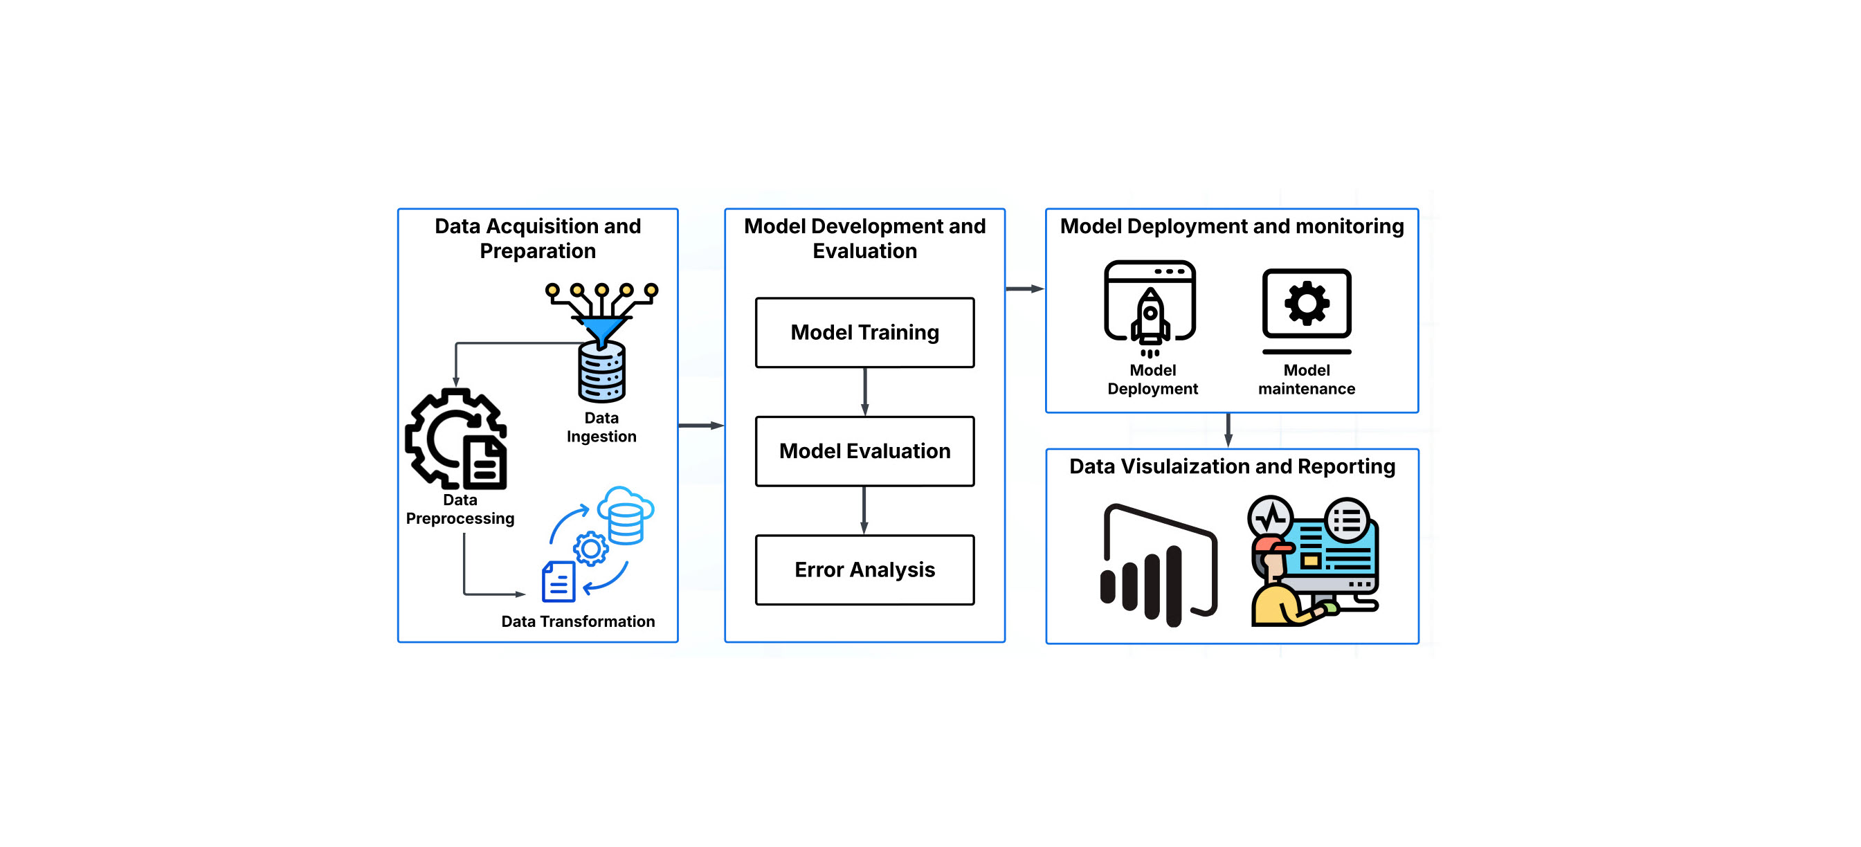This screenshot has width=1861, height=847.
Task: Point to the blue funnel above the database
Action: [601, 329]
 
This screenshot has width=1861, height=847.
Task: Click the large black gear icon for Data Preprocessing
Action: [455, 438]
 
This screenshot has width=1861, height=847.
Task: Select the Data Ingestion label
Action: [601, 427]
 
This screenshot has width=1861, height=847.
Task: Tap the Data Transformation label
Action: [578, 621]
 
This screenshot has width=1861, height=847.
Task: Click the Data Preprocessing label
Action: [460, 509]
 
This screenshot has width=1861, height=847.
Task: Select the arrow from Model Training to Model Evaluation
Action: [865, 392]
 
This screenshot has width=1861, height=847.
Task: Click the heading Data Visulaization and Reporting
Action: [1232, 466]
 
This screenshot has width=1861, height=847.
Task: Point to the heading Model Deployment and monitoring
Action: [1232, 226]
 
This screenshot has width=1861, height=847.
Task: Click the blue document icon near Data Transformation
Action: [559, 582]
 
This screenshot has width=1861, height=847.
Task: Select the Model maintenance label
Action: [1306, 379]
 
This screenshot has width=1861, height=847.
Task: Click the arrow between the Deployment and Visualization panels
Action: [1228, 430]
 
